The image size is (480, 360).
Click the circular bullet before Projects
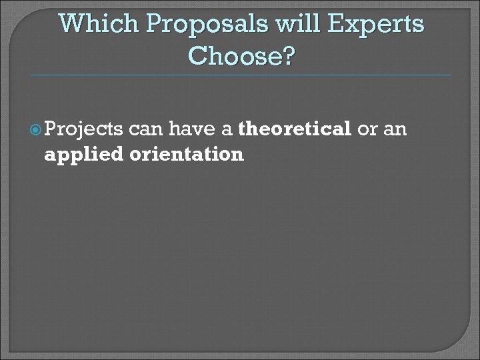coord(53,129)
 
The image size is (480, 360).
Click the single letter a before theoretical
coord(227,129)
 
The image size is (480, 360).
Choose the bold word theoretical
coord(294,129)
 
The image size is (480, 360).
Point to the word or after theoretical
coord(367,129)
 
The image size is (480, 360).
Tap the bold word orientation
coord(186,155)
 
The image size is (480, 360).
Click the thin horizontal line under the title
coord(240,75)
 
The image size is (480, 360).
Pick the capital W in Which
coord(71,25)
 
